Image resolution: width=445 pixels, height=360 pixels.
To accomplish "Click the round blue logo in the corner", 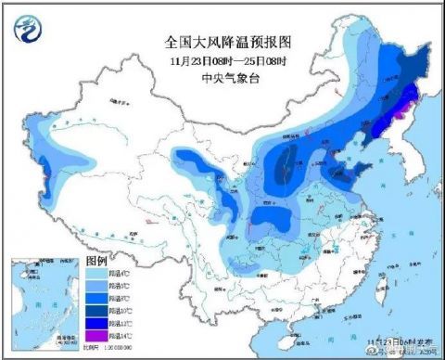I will (28, 31).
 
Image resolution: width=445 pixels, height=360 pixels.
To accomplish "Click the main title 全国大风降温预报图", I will (222, 43).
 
